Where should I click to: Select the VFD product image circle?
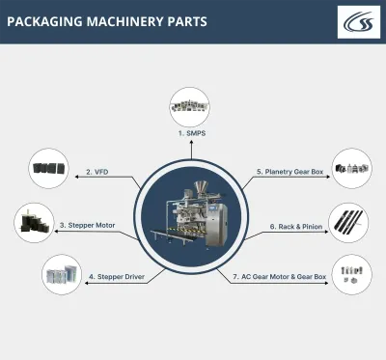pos(48,168)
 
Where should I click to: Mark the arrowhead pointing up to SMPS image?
pos(191,141)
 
